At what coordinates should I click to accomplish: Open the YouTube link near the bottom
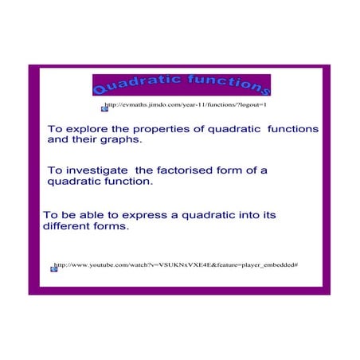click(x=175, y=264)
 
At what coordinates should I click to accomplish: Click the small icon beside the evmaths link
click(x=103, y=108)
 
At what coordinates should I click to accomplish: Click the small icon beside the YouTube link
click(x=53, y=268)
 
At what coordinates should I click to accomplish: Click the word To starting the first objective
click(x=55, y=128)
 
